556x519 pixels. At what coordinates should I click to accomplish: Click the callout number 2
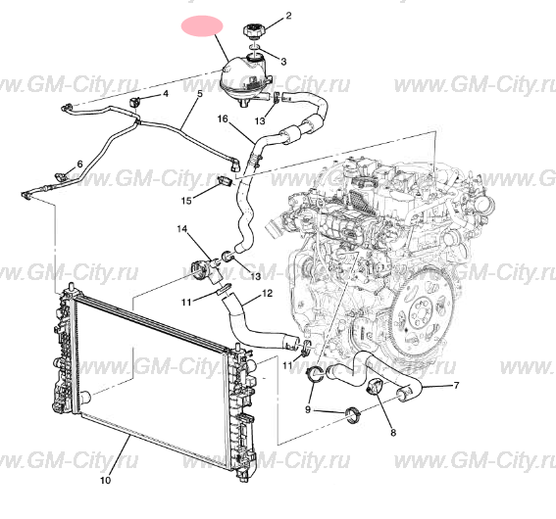tap(288, 16)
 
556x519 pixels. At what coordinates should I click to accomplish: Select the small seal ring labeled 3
tap(256, 47)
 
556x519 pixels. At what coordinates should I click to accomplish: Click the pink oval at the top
tap(202, 25)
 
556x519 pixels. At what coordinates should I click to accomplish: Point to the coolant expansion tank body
tap(244, 80)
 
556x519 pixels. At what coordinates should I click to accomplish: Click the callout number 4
tap(166, 94)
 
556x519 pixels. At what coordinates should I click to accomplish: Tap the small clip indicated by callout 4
tap(135, 102)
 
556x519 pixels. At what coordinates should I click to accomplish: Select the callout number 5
tap(200, 94)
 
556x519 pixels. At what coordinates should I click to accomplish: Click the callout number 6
tap(79, 164)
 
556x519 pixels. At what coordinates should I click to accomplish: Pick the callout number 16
tap(223, 118)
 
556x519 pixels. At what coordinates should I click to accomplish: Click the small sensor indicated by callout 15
tap(226, 180)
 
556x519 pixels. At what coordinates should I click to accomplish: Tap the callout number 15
tap(186, 201)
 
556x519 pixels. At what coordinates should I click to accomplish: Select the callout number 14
tap(182, 229)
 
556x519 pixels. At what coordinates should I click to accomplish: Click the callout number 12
tap(268, 294)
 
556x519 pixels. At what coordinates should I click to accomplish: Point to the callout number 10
tap(106, 480)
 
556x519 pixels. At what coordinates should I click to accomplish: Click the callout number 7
tap(456, 385)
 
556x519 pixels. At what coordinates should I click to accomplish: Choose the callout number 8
tap(393, 432)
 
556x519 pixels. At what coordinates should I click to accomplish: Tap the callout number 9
tap(308, 409)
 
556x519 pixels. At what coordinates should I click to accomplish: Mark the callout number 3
tap(283, 62)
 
